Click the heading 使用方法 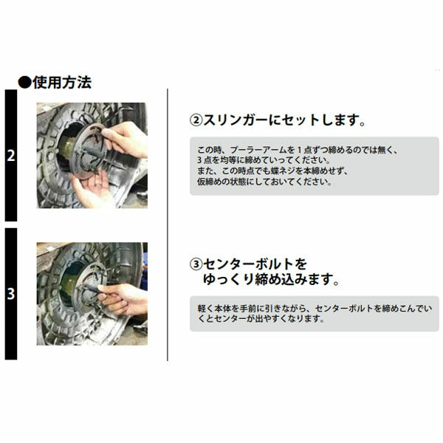point(63,82)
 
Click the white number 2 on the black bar point(10,157)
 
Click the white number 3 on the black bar point(10,294)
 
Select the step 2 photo point(92,155)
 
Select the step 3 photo point(92,294)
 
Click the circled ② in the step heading point(196,120)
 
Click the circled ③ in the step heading point(196,264)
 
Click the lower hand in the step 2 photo point(90,189)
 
